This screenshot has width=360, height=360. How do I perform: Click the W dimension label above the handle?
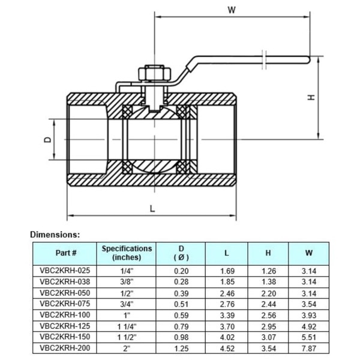tap(232, 10)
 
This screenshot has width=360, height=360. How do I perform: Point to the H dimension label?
tap(311, 97)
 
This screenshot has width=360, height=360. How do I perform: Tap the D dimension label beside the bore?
tap(47, 139)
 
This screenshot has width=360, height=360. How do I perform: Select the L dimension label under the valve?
tap(152, 209)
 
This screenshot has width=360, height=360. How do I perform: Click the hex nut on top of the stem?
tap(155, 73)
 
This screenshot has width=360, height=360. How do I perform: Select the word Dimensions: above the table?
tap(55, 235)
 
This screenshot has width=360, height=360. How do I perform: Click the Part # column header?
tap(66, 253)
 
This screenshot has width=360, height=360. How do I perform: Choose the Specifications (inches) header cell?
tap(127, 253)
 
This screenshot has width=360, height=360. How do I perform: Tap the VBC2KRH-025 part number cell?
tap(65, 271)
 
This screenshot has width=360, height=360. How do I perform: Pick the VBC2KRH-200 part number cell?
tap(65, 348)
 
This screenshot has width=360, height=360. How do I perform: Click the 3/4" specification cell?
tap(127, 304)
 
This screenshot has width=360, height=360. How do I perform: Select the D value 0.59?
tap(181, 315)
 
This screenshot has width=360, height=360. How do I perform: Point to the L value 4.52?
tap(227, 348)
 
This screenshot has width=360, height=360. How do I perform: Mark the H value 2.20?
tap(269, 293)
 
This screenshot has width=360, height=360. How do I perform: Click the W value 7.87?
tap(309, 348)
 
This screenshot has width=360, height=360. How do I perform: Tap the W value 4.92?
tap(309, 326)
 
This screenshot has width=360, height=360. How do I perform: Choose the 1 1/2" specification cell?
tap(127, 337)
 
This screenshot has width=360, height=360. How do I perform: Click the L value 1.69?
tap(227, 271)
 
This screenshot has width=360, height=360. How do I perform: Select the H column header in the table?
tap(268, 253)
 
